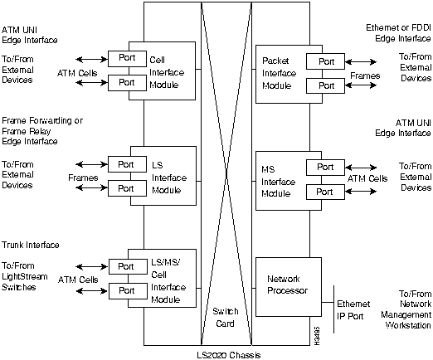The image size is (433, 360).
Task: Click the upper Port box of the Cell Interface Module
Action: pyautogui.click(x=126, y=58)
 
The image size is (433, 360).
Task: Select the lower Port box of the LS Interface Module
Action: pyautogui.click(x=126, y=187)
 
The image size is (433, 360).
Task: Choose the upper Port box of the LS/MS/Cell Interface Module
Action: pyautogui.click(x=126, y=266)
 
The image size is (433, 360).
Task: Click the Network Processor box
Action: pyautogui.click(x=287, y=285)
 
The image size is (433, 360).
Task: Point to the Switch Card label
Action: pyautogui.click(x=226, y=316)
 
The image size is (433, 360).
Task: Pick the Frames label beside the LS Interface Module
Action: pyautogui.click(x=83, y=178)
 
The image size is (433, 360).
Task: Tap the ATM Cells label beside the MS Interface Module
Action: pyautogui.click(x=367, y=178)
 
